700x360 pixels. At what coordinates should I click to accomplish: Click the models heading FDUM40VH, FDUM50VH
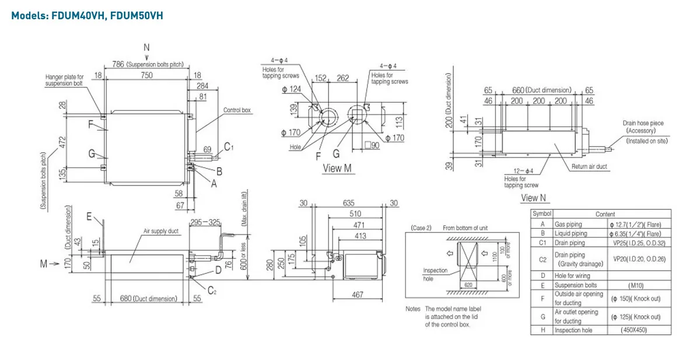click(x=87, y=16)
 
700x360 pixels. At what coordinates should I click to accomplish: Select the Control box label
click(x=237, y=110)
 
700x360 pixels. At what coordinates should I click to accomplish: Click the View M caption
click(x=338, y=168)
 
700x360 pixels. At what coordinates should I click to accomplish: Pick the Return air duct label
click(x=590, y=167)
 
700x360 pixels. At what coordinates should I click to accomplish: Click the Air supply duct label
click(x=161, y=231)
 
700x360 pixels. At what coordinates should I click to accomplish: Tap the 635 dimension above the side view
click(x=348, y=203)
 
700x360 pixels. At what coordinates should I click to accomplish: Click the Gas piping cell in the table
click(x=569, y=224)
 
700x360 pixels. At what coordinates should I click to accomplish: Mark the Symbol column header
click(x=542, y=214)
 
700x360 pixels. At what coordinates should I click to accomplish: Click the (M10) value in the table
click(x=640, y=285)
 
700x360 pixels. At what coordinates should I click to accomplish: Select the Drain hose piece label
click(x=642, y=127)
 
